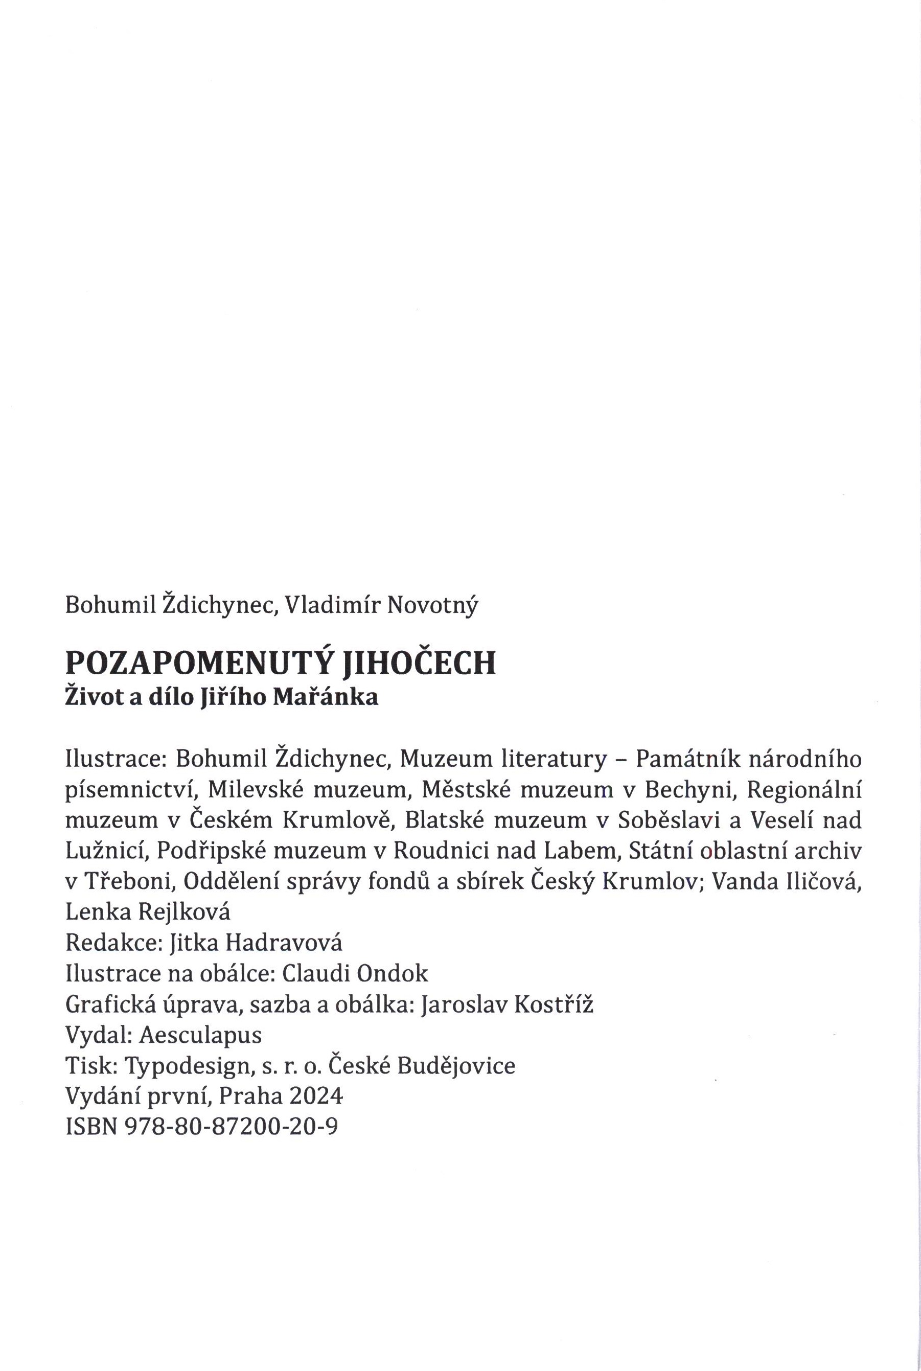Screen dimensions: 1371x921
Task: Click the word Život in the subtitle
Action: [x=91, y=698]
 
